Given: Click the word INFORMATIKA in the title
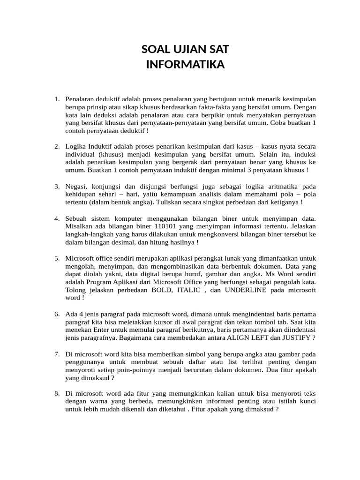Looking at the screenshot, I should (185, 64).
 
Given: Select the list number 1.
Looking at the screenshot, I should (56, 99).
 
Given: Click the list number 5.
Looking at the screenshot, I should (56, 258).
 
